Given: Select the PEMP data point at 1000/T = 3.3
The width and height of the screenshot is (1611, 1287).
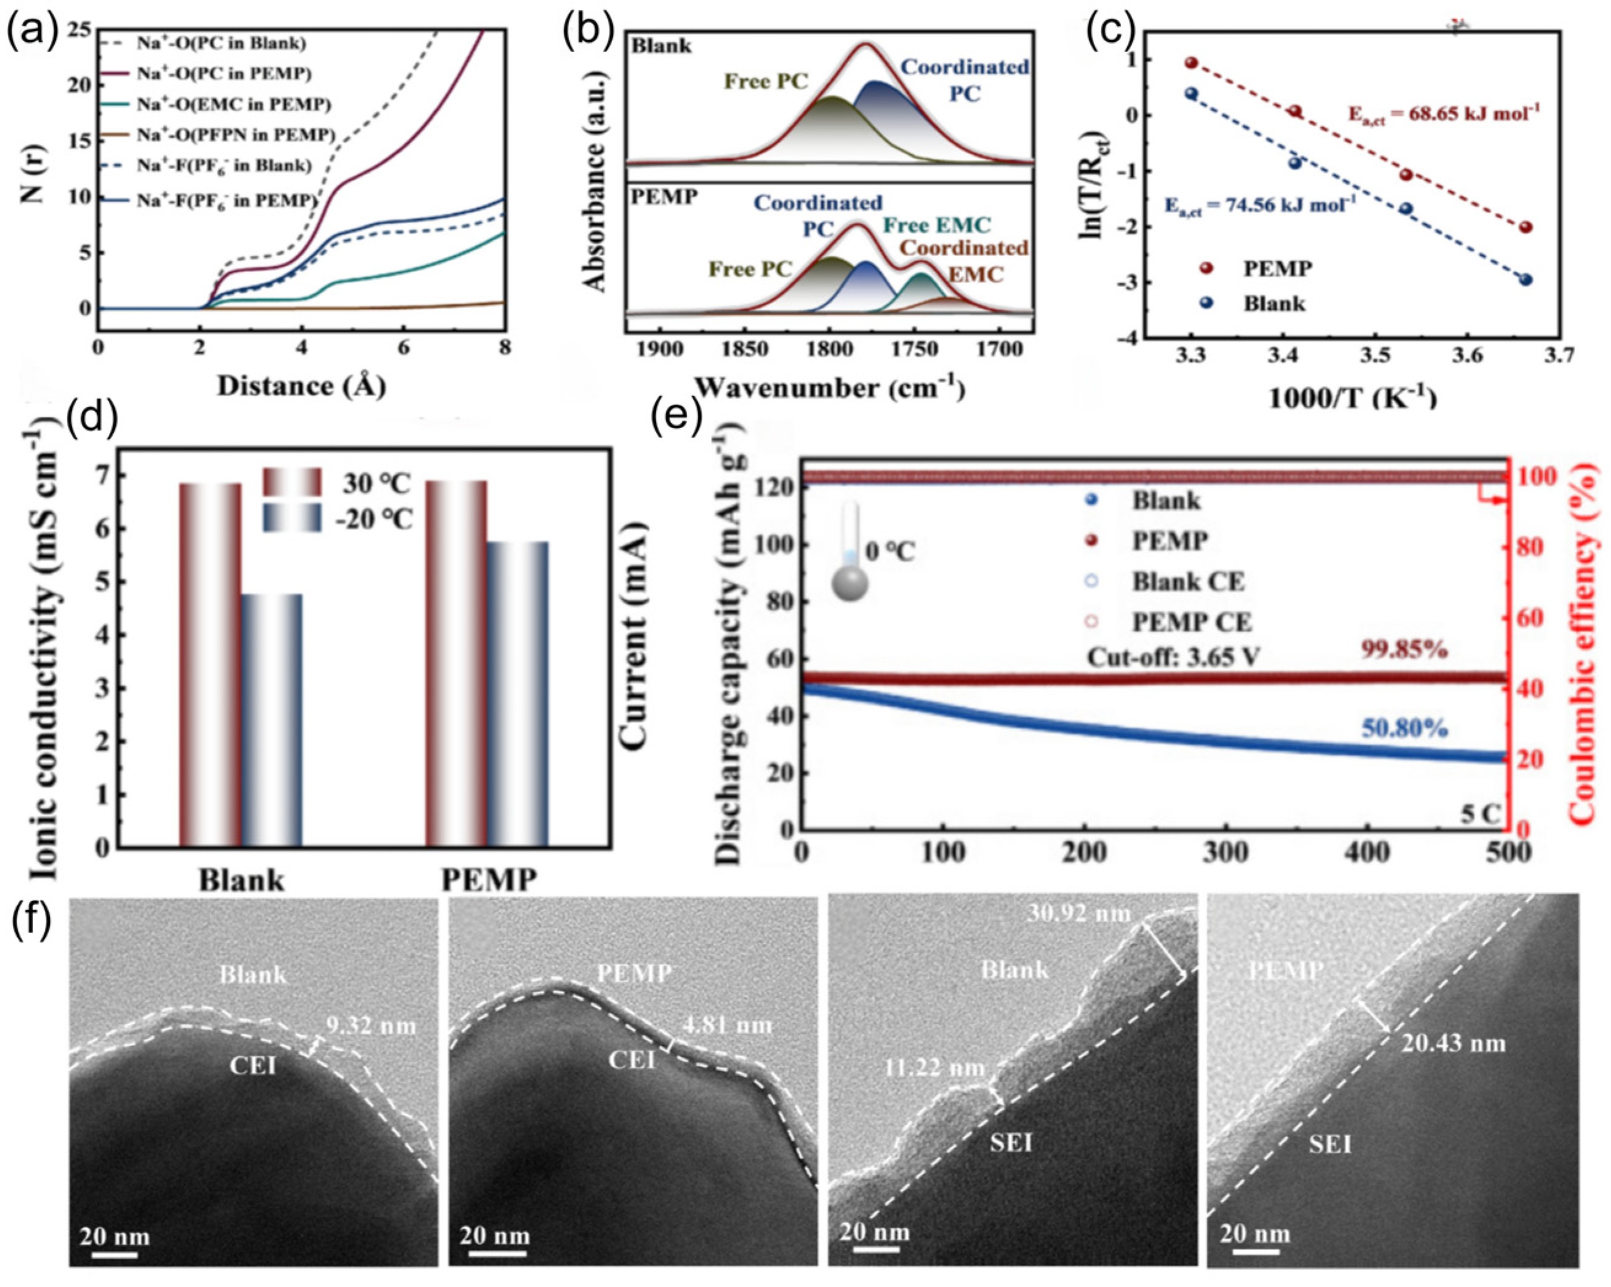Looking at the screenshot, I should coord(1192,63).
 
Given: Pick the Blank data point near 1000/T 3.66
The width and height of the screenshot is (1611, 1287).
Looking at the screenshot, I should coord(1526,280).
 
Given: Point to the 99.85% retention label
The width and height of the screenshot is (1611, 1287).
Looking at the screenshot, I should coord(1403,650).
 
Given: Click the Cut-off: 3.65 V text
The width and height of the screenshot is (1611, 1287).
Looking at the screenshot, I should coord(1173,657).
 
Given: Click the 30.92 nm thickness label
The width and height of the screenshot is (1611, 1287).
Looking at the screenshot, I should coord(1078,913).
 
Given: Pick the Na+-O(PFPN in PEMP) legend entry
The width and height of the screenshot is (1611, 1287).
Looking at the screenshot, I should coord(235,135).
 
